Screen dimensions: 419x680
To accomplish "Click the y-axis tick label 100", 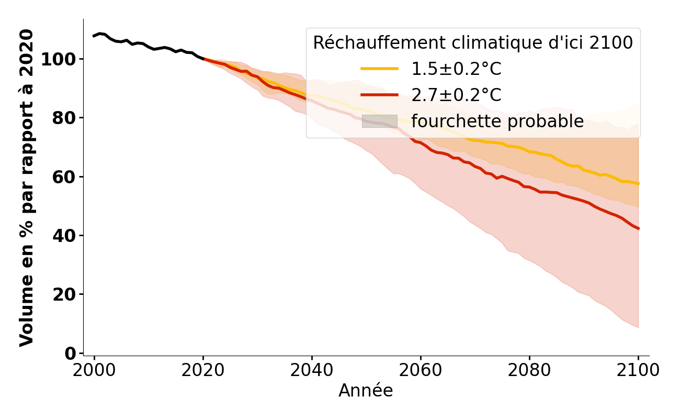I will click(x=58, y=59).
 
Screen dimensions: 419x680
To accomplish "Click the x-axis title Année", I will click(x=366, y=391).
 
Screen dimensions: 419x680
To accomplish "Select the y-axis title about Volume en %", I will click(x=27, y=188).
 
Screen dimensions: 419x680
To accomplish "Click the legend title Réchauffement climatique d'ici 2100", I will click(x=473, y=43).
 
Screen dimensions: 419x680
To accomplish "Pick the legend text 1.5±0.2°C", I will click(x=456, y=69).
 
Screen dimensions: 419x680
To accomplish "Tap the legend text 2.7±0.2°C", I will click(x=456, y=95).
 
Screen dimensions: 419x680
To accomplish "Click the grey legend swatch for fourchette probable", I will click(x=380, y=122).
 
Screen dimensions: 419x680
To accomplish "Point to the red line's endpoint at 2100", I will click(x=638, y=229).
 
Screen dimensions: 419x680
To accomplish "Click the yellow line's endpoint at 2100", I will click(x=638, y=184).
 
